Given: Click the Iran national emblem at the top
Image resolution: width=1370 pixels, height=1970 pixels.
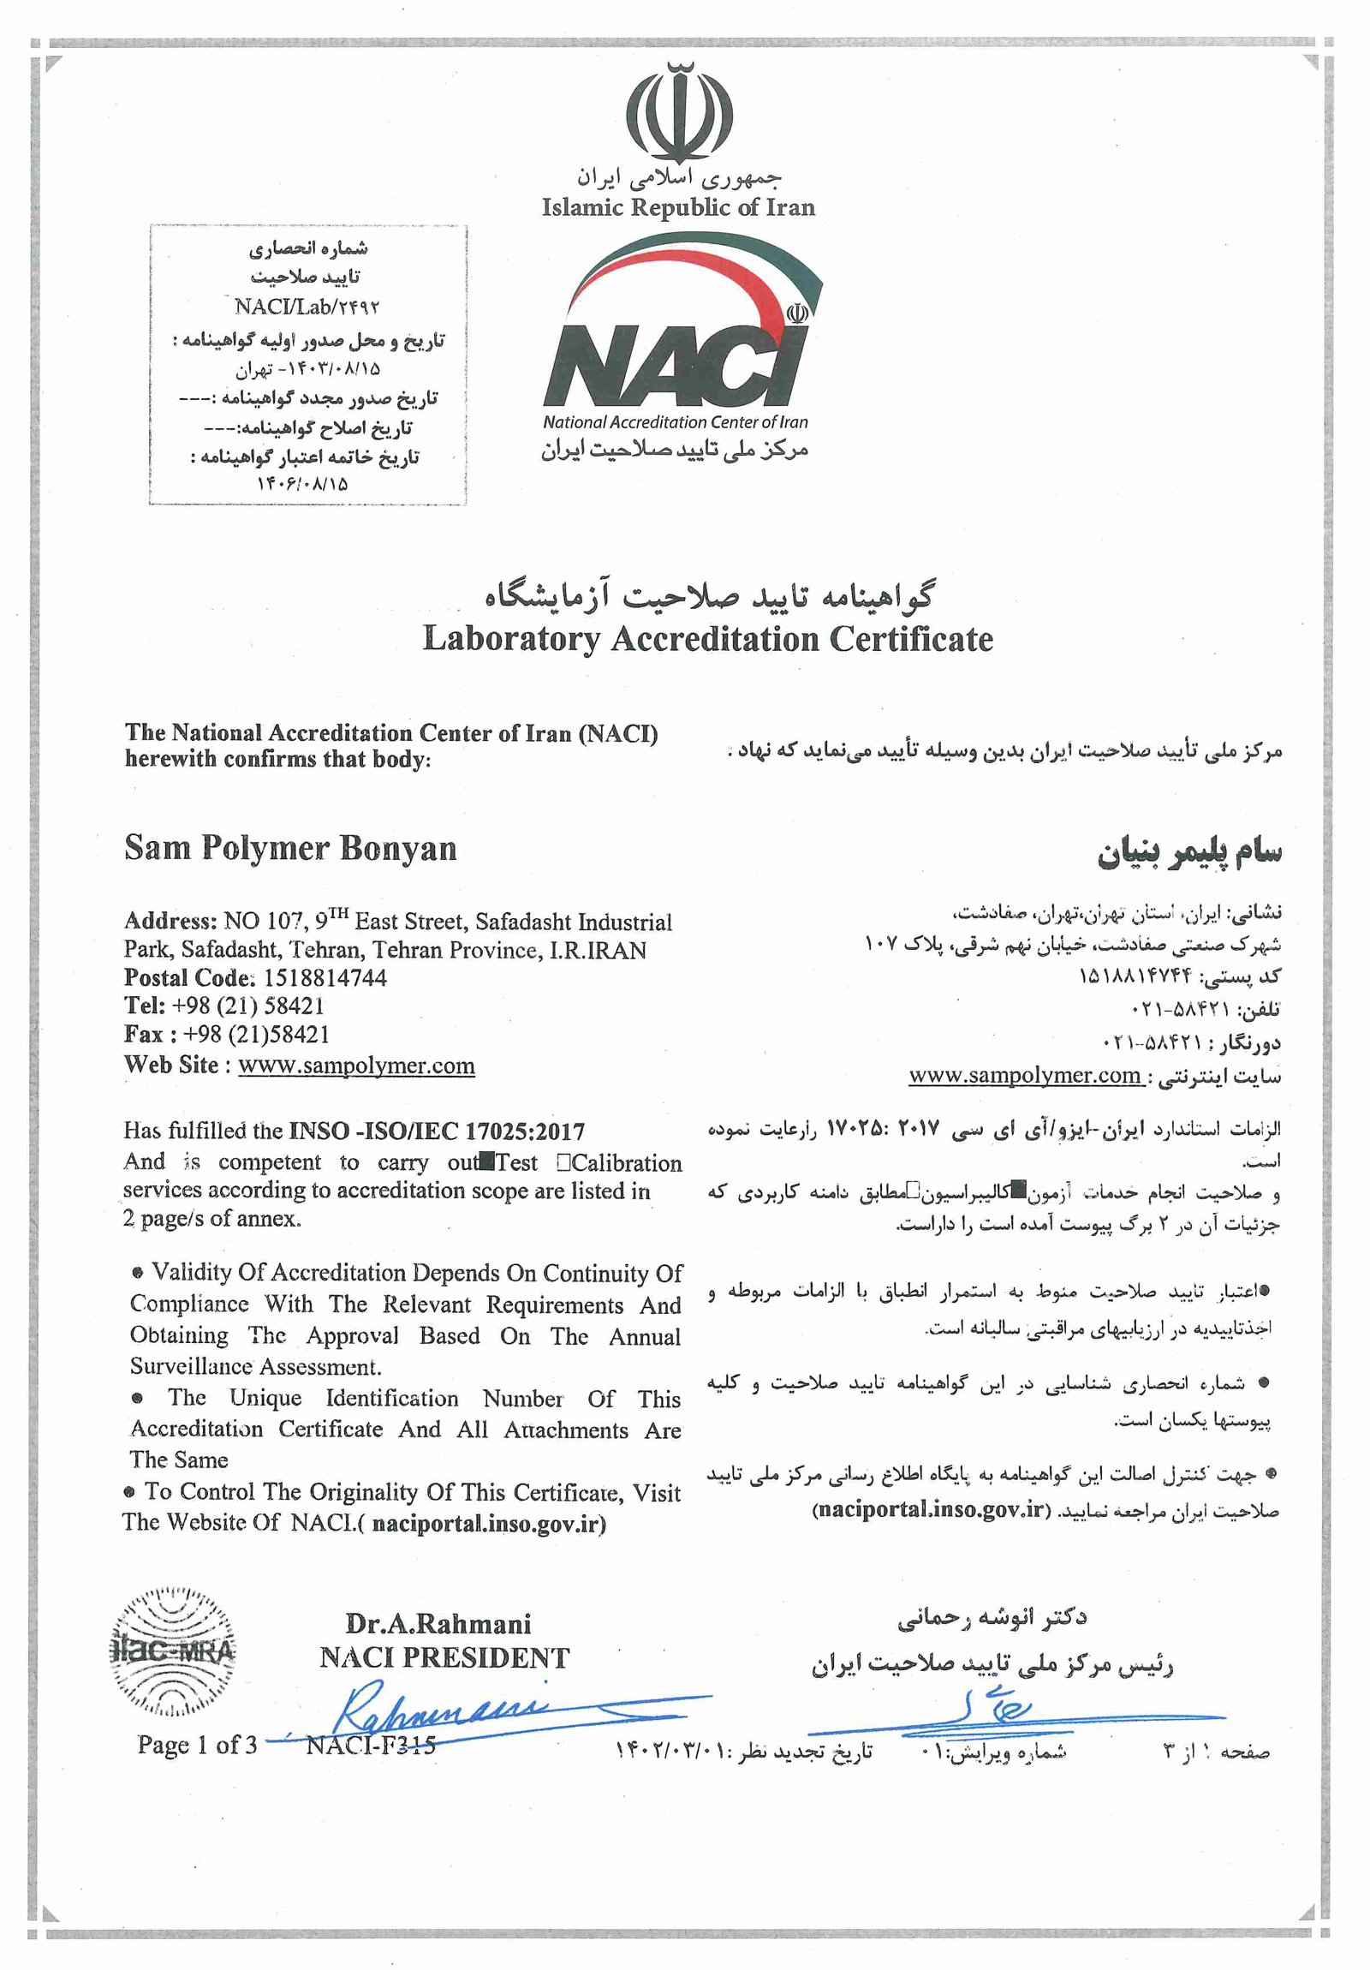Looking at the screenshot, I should [678, 112].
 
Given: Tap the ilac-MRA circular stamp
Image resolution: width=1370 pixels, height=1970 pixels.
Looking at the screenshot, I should [173, 1651].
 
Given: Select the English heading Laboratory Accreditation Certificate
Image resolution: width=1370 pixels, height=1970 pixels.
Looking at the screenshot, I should [708, 639].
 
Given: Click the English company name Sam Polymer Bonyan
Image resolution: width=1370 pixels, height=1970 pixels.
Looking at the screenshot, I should [290, 848].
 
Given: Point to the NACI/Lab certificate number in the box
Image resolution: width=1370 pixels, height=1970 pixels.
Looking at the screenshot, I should [307, 307].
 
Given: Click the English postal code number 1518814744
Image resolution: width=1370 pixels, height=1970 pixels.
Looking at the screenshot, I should [325, 977].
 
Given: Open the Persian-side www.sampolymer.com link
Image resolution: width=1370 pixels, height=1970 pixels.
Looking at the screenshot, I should [1024, 1075].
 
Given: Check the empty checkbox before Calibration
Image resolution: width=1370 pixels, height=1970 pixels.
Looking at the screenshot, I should [563, 1162].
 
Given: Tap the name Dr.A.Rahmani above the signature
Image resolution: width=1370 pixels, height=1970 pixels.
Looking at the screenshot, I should [438, 1623].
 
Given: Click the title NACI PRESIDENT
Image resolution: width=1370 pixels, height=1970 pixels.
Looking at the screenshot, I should [444, 1657].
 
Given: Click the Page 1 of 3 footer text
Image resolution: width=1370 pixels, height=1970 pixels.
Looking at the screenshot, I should [196, 1745].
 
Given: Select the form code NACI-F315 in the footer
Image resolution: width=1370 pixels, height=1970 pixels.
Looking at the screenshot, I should [371, 1745].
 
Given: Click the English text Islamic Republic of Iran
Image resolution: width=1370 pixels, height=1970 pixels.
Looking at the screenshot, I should [677, 207].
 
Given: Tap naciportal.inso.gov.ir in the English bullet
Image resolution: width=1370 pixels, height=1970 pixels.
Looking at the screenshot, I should [489, 1524].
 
